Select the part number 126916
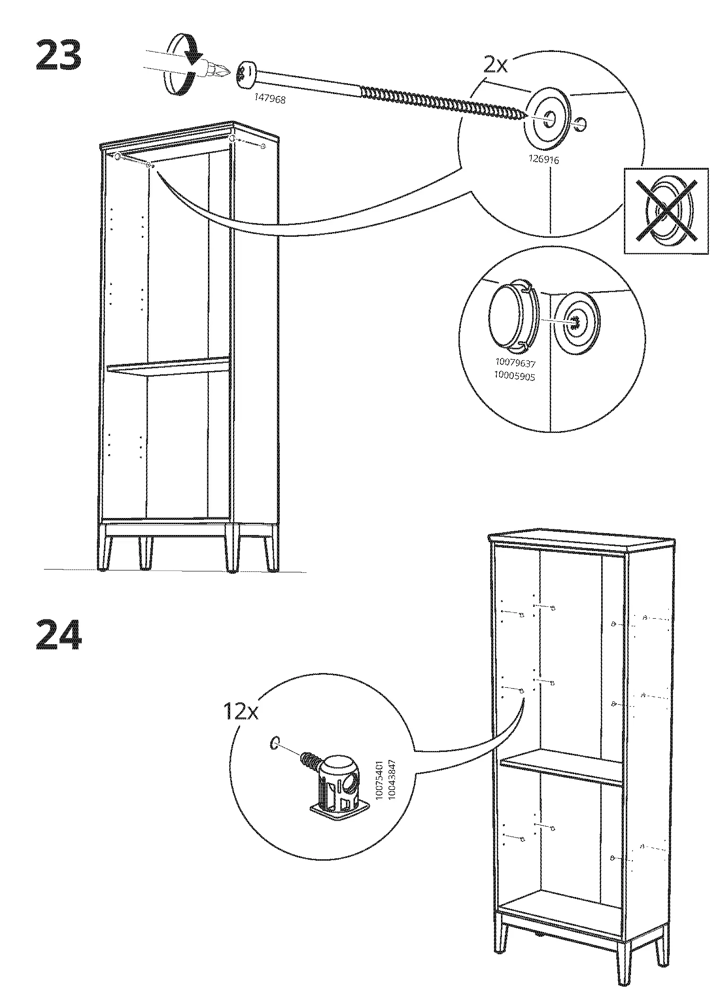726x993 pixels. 543,160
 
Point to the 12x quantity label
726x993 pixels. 241,712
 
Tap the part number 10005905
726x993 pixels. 515,377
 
